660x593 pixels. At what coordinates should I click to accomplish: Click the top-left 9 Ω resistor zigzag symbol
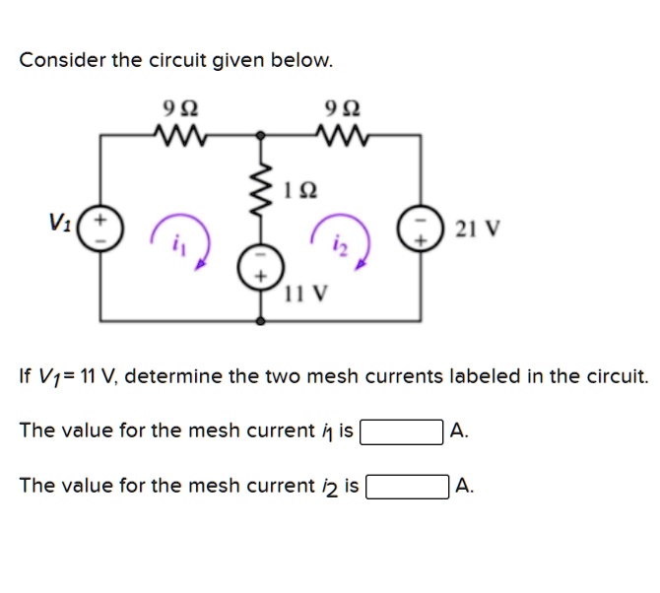179,132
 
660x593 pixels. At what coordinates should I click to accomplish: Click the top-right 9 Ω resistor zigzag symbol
343,132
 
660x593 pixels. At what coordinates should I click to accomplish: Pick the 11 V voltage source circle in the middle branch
261,268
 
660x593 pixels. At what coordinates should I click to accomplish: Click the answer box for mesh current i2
408,486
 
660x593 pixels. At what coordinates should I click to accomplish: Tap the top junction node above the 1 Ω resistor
261,134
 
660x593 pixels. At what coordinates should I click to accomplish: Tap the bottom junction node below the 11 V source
261,322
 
